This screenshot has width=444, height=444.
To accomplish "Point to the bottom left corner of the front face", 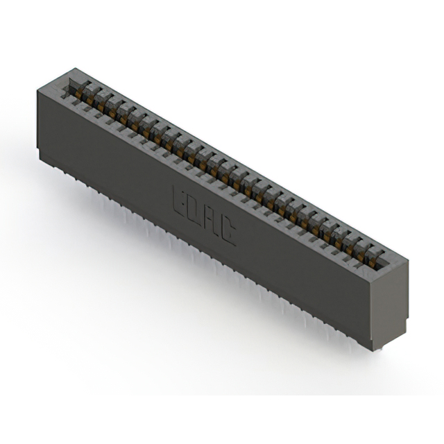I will pyautogui.click(x=39, y=148).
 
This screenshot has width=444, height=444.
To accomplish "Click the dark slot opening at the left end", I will pyautogui.click(x=69, y=86).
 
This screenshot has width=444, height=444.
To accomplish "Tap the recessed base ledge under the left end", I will pyautogui.click(x=44, y=157).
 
